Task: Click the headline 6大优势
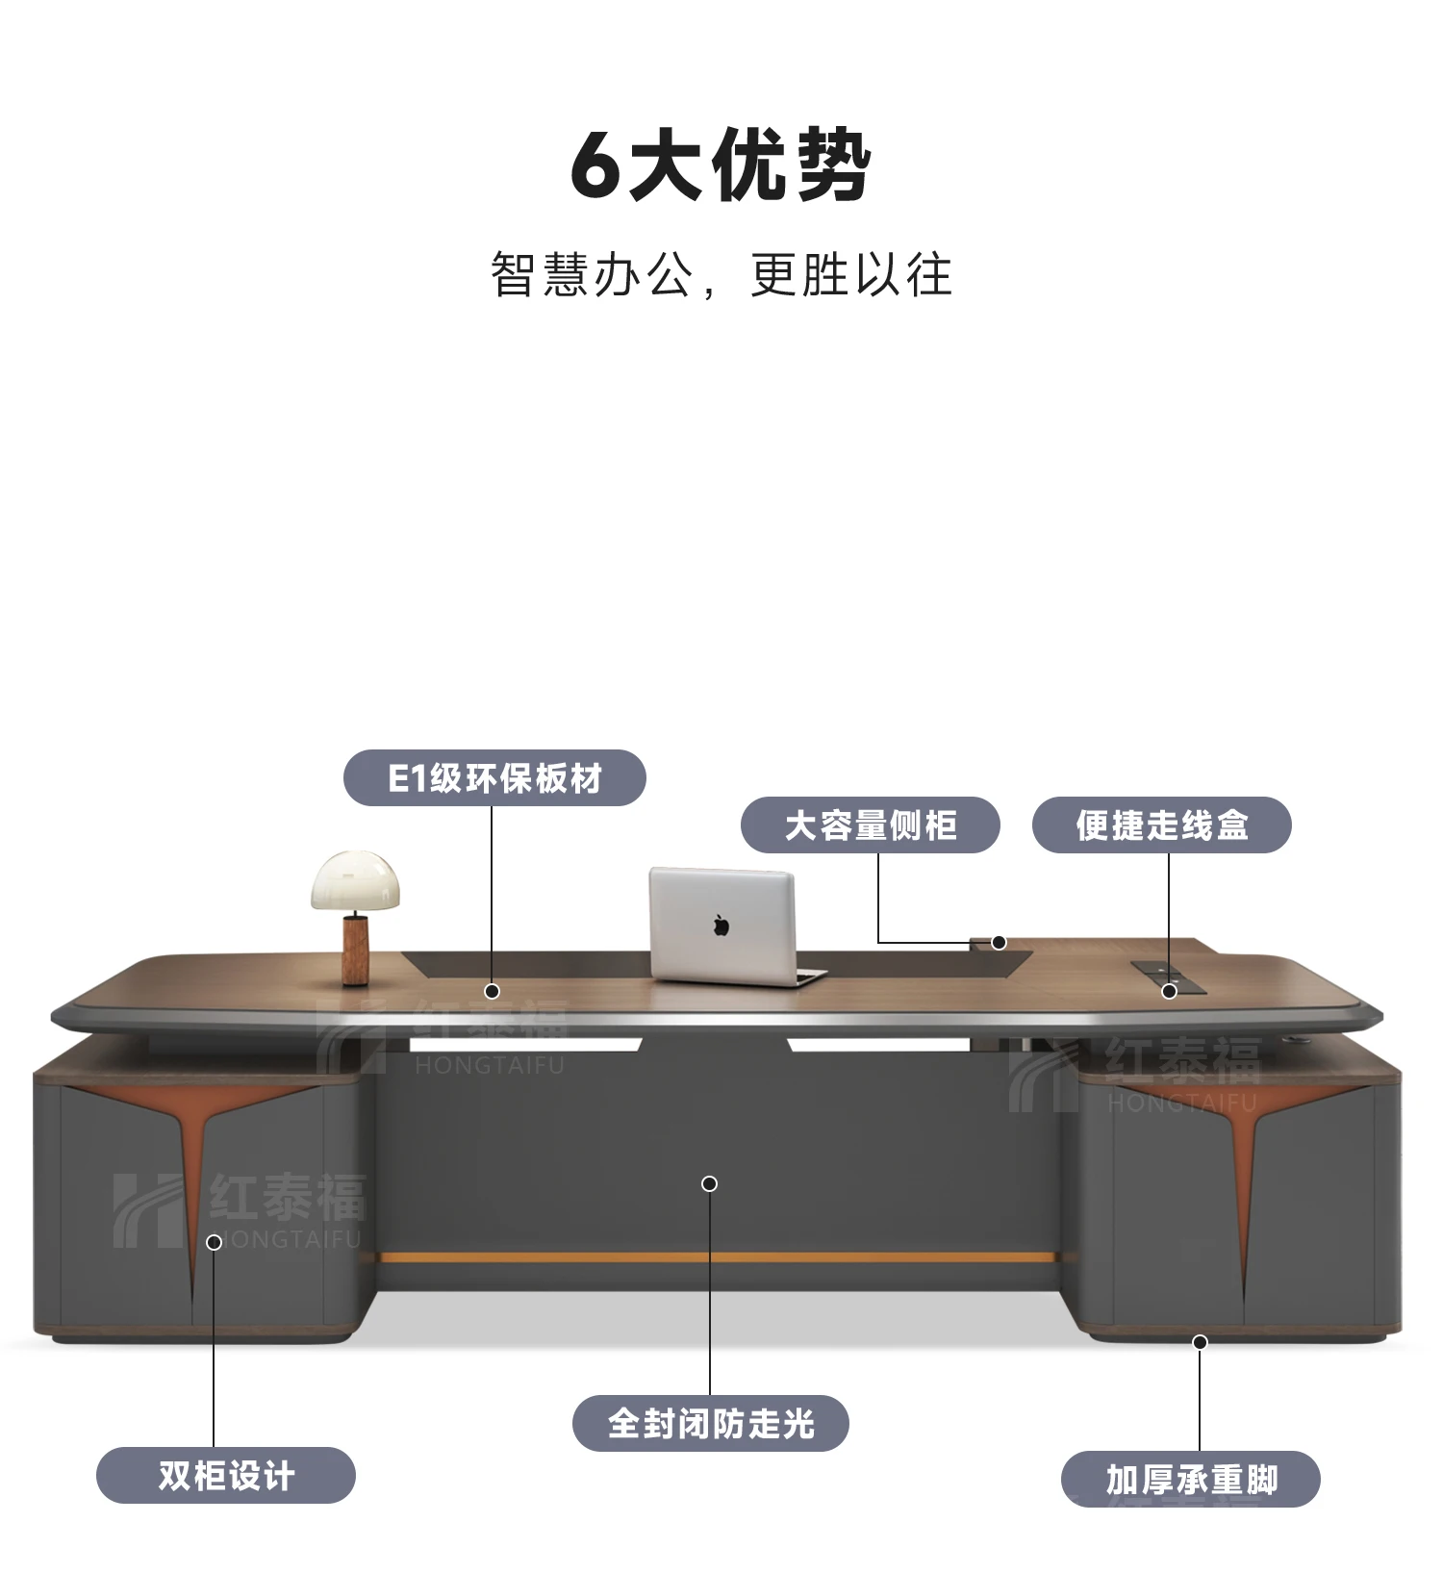721,165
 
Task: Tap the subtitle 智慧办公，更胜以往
721,275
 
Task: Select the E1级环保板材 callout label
494,778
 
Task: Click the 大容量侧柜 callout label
870,825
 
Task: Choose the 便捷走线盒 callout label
1161,825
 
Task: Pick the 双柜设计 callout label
226,1476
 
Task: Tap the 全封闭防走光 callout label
710,1424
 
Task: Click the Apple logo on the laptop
721,926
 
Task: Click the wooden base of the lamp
357,949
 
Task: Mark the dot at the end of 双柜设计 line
215,1242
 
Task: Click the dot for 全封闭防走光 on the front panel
710,1184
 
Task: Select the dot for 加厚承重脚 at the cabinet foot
1200,1342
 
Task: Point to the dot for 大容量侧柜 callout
1000,943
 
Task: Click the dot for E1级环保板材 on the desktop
492,991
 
